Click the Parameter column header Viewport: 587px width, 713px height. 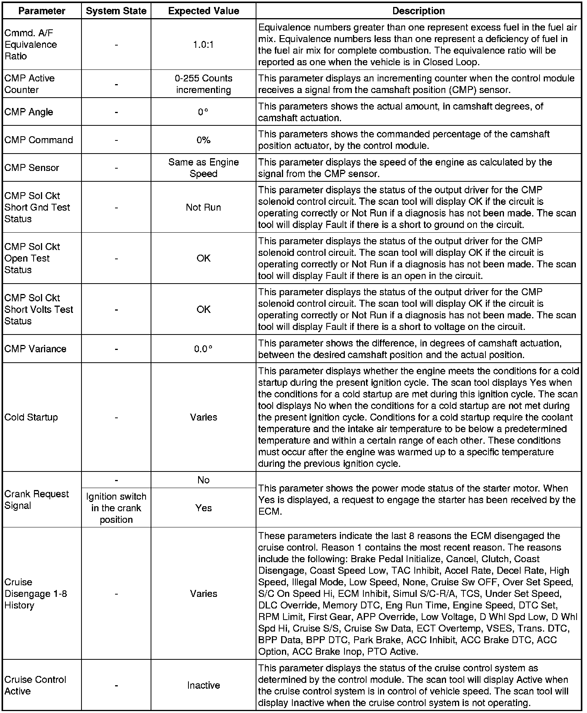[42, 11]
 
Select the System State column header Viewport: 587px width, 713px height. [116, 11]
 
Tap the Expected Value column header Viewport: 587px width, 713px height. [204, 11]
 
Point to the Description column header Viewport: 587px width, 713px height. [418, 11]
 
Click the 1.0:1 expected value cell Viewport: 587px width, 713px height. [204, 45]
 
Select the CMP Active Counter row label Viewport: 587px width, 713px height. [29, 84]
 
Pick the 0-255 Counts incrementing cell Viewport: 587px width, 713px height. [204, 84]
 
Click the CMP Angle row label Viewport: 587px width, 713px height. [29, 112]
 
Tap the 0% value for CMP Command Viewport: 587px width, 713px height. [204, 140]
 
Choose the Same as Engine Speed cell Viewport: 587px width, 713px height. [204, 168]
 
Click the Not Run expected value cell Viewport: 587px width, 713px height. [204, 207]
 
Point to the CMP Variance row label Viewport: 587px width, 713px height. [35, 349]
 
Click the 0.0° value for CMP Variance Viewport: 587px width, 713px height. [204, 349]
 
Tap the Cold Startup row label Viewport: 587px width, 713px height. [31, 417]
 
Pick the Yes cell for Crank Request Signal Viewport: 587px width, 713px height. [204, 508]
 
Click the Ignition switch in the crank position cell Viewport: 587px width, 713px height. [116, 508]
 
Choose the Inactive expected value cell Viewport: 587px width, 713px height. [204, 685]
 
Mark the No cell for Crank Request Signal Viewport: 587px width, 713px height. [204, 480]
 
